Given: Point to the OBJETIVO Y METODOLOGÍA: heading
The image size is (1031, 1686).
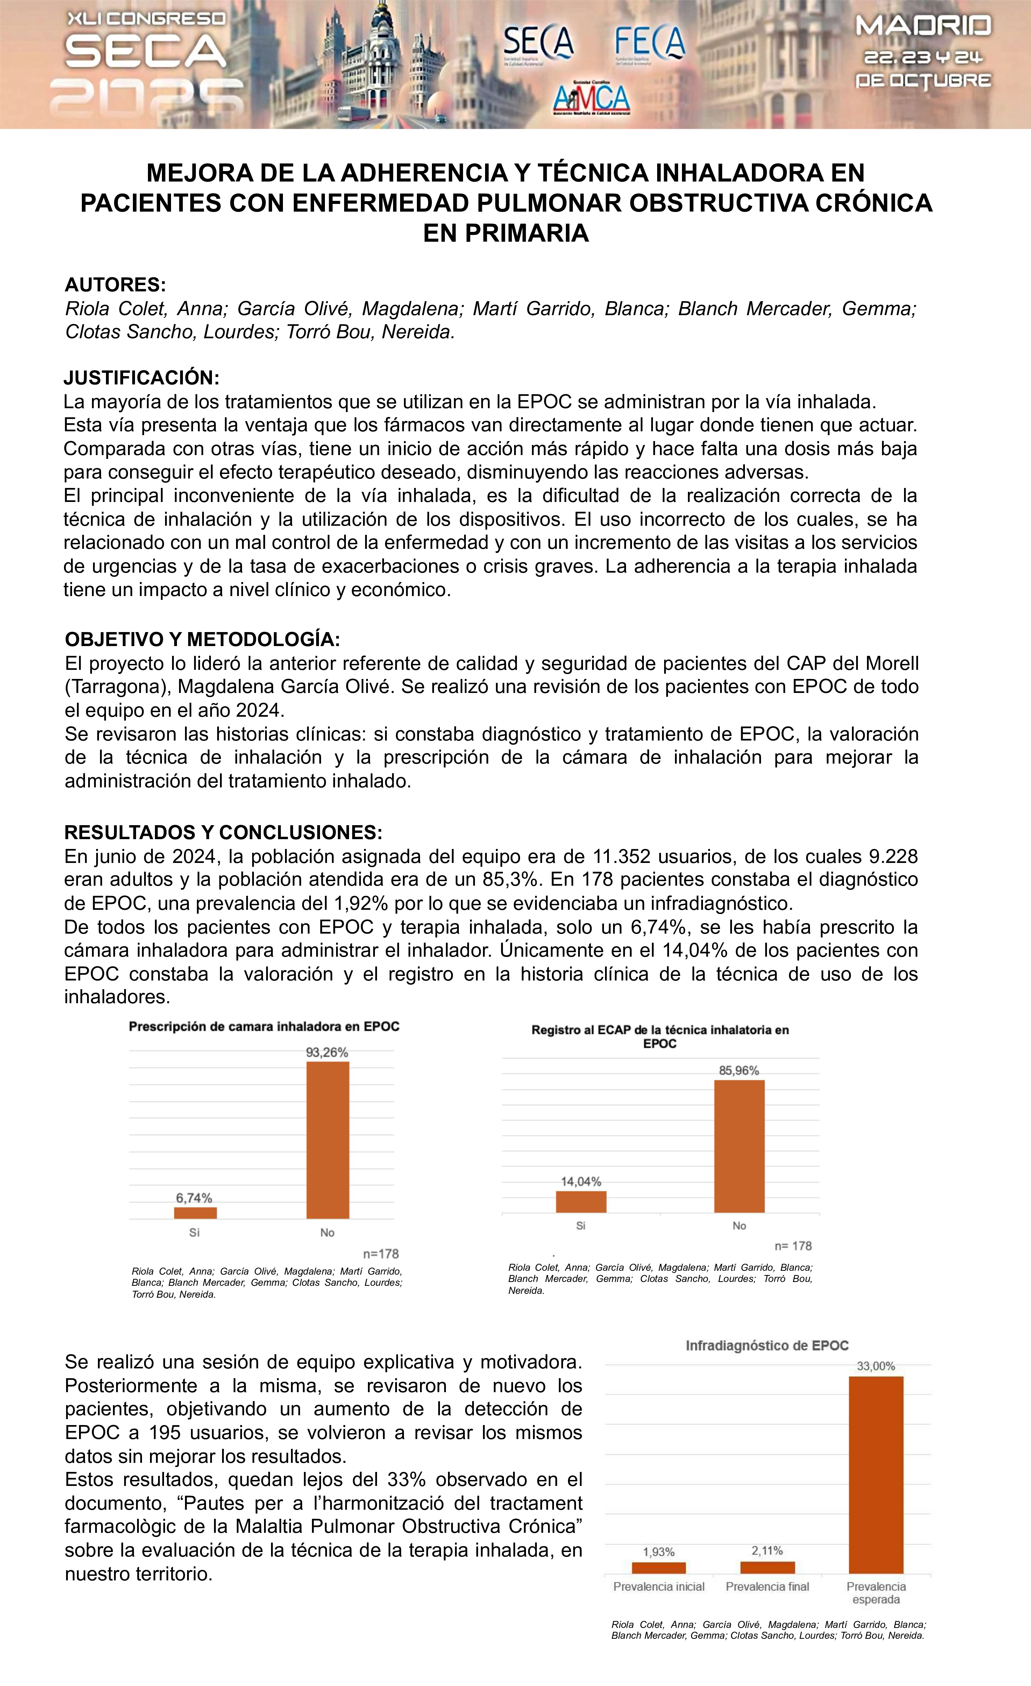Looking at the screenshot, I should tap(202, 639).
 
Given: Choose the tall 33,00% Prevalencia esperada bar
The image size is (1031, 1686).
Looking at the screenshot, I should tap(876, 1475).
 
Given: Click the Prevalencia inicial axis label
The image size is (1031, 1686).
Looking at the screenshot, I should tap(659, 1587).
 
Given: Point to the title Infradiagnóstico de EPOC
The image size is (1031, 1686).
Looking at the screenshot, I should tap(767, 1345).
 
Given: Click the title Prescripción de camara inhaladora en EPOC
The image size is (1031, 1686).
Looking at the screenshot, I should tap(264, 1026).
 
